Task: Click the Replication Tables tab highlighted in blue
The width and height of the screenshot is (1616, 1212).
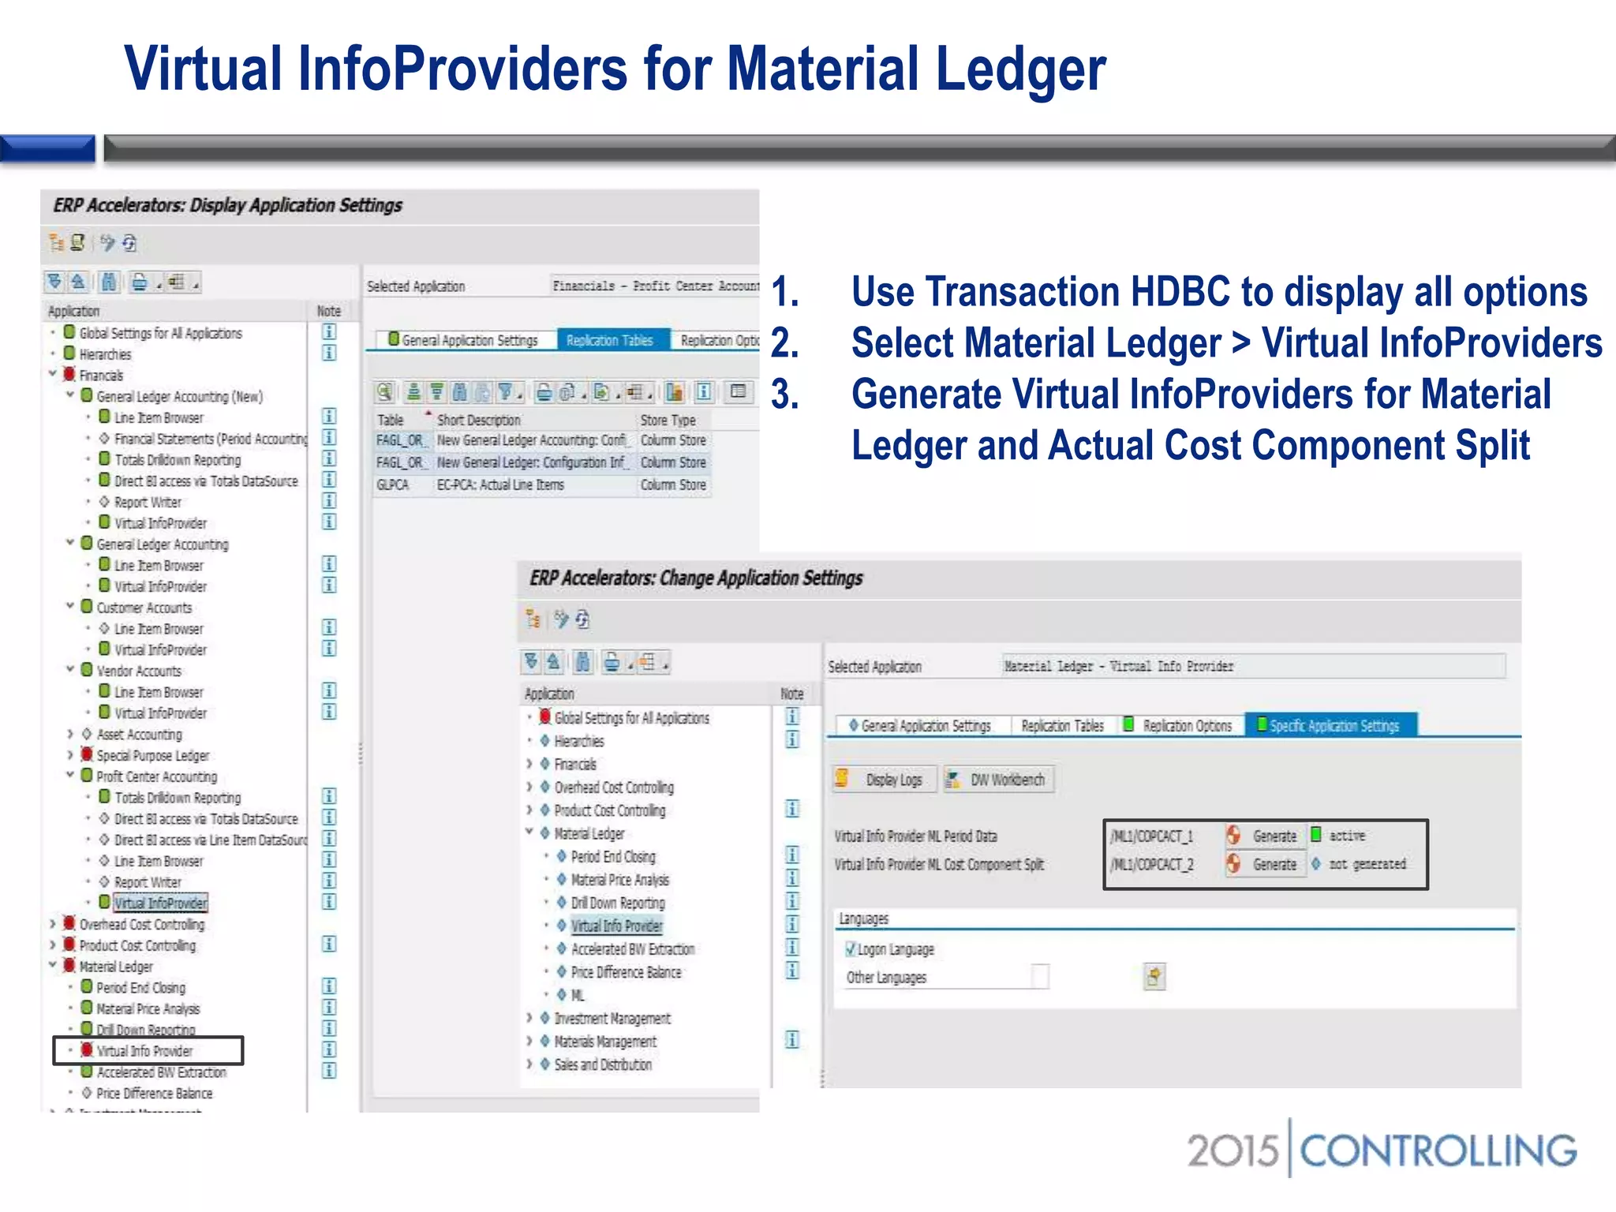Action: click(610, 340)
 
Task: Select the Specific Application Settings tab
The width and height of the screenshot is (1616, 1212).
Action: click(1334, 725)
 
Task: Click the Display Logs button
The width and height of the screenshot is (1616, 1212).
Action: click(885, 780)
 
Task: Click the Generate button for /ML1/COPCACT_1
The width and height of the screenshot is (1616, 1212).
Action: click(1274, 836)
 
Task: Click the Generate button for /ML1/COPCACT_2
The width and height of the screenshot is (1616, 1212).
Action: click(1274, 865)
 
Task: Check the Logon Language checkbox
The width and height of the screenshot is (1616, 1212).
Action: click(851, 949)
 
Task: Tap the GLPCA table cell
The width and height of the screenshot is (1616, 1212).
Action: click(393, 484)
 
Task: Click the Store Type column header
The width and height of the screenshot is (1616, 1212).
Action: click(668, 420)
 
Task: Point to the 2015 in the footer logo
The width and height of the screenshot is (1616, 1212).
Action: click(1232, 1150)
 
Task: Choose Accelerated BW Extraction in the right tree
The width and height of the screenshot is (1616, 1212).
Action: click(633, 949)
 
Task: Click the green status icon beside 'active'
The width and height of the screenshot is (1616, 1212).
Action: click(1316, 834)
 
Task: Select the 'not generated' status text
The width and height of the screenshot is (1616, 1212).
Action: click(1367, 864)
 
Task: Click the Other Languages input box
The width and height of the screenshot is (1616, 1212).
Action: click(1041, 977)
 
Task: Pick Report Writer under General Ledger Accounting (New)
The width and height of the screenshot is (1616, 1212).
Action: click(148, 502)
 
